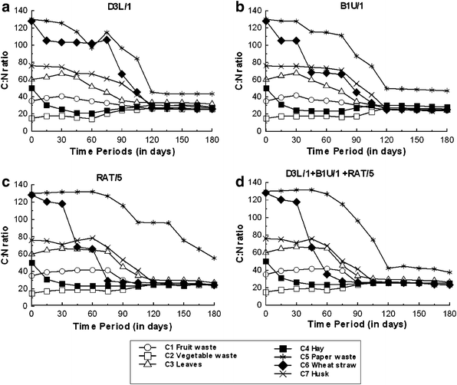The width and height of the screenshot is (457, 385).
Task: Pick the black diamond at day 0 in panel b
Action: [265, 21]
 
